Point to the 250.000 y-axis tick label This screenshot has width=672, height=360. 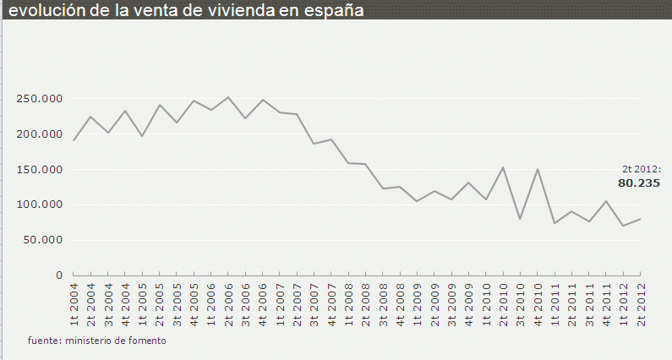coord(39,99)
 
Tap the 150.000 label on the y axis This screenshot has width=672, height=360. coord(39,169)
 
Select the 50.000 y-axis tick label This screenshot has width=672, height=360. coord(42,240)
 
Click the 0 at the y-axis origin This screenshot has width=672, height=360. coord(59,275)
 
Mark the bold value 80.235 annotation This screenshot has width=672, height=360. coord(639,183)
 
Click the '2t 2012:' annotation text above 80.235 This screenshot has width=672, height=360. coord(642,169)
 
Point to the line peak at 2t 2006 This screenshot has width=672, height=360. coord(228,97)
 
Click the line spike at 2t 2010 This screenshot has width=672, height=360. coord(503,167)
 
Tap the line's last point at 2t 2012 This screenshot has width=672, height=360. coord(640,219)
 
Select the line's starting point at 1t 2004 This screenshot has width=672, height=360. coord(74,140)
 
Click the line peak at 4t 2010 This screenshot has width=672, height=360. coord(538,169)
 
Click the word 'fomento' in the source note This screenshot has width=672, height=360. coord(147,341)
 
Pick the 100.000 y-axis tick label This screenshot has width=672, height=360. coord(39,205)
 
